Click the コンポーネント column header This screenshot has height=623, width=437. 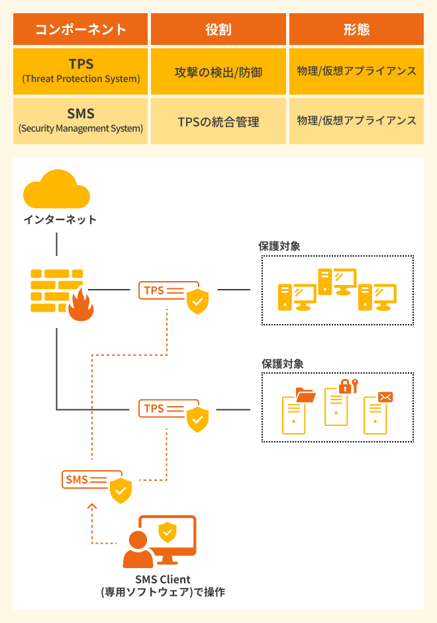tap(80, 30)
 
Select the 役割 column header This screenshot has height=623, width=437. tap(218, 30)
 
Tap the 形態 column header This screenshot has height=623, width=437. tap(356, 30)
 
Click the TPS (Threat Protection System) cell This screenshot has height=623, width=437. tap(81, 71)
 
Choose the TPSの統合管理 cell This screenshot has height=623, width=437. tap(218, 122)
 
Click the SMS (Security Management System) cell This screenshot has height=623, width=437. tap(81, 121)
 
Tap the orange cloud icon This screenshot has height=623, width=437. tap(56, 190)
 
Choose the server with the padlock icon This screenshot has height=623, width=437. tap(336, 405)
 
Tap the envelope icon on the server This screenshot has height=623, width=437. tap(385, 397)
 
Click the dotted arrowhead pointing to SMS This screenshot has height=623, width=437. tap(92, 507)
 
